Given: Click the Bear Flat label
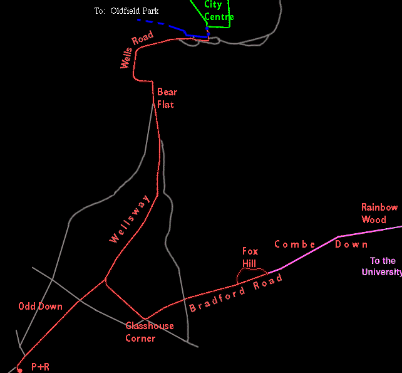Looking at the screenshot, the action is click(x=167, y=98).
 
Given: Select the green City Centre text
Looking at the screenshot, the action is click(x=219, y=11).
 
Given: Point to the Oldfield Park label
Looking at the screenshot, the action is click(x=135, y=11).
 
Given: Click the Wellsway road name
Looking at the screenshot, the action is click(x=130, y=219).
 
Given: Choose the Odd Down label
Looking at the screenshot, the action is click(x=41, y=307).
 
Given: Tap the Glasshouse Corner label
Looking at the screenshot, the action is click(x=150, y=332).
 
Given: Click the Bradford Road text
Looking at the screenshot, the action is click(x=236, y=293).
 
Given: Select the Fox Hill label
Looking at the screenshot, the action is click(x=250, y=257).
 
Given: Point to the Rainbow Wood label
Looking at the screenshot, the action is click(x=379, y=213).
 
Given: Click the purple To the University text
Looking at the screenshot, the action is click(x=382, y=266).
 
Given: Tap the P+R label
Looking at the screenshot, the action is click(x=40, y=367).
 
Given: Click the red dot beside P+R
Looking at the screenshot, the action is click(x=19, y=370).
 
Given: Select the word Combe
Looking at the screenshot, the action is click(x=295, y=244).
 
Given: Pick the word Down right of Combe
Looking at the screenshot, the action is click(x=351, y=244).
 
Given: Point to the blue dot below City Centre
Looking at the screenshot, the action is click(x=207, y=28).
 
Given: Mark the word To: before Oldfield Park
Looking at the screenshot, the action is click(x=100, y=11).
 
